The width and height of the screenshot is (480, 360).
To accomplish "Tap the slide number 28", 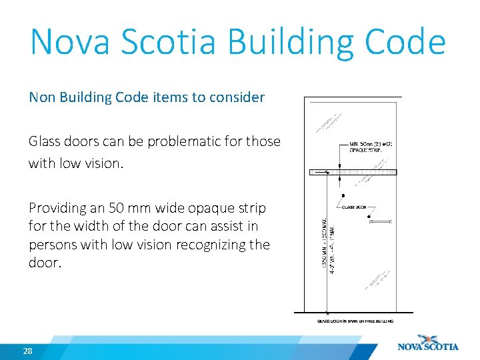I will point(28,351).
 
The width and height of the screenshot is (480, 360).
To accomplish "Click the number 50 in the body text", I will point(117,208).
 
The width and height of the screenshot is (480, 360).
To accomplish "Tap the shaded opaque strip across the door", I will point(353,172).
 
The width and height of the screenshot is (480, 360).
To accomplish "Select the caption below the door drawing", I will point(355,321).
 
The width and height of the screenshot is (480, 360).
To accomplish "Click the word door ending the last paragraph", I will point(44,263).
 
